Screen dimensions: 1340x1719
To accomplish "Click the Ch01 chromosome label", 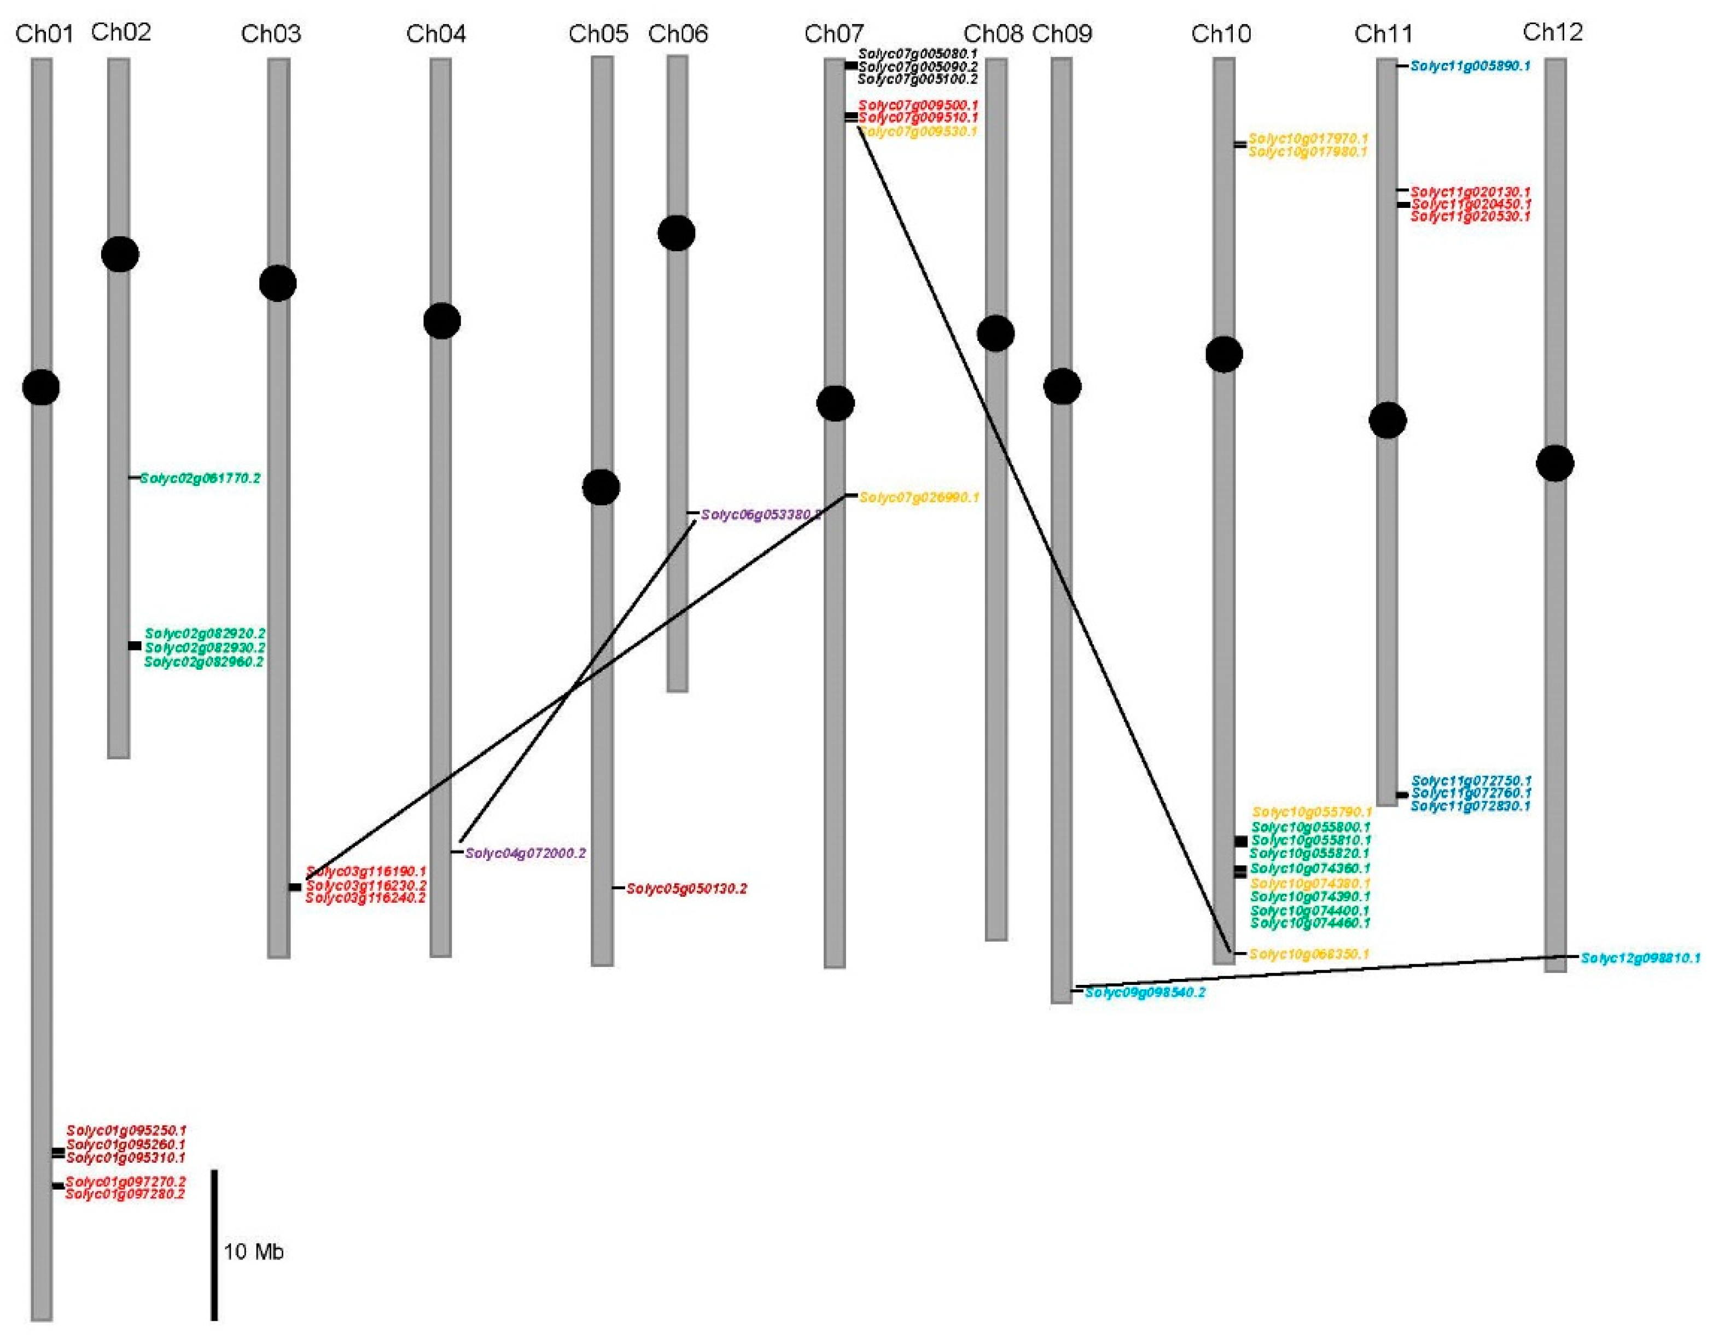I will [44, 34].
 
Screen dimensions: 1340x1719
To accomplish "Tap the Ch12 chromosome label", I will [1553, 32].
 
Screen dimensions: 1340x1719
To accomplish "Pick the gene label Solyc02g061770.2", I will [200, 478].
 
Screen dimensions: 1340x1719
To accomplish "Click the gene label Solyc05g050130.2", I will [686, 889].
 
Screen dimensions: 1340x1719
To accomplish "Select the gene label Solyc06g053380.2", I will [760, 515].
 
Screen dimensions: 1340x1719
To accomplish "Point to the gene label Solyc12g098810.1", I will [1640, 958].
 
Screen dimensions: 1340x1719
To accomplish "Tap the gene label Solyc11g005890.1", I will [1470, 66].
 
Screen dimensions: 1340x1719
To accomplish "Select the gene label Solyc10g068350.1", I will [1309, 954].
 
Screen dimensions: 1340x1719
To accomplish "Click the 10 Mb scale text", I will [253, 1252].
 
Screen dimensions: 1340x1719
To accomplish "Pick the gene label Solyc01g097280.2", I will [125, 1194].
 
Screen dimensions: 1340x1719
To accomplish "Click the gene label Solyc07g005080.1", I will [918, 54].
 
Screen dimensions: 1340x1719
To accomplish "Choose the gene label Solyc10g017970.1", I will [1308, 138].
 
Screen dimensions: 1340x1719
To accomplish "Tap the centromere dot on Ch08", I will [995, 333].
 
